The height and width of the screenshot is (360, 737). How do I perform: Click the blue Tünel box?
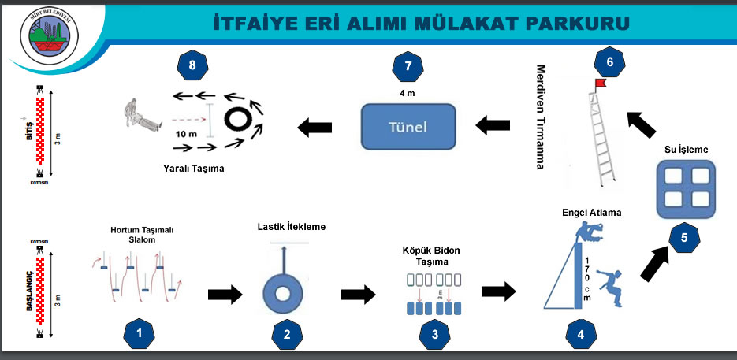pyautogui.click(x=408, y=125)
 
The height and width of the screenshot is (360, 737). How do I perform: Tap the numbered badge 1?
pyautogui.click(x=140, y=333)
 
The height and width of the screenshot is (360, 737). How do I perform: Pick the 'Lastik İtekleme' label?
pyautogui.click(x=291, y=227)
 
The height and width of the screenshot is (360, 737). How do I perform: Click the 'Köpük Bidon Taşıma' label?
pyautogui.click(x=431, y=255)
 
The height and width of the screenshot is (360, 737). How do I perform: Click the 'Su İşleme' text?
pyautogui.click(x=683, y=148)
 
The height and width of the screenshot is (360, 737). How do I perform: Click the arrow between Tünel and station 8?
pyautogui.click(x=314, y=125)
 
